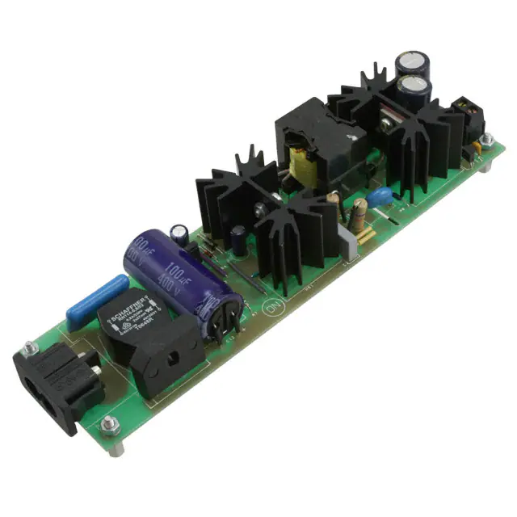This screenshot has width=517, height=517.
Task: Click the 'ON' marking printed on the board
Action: [x=272, y=307]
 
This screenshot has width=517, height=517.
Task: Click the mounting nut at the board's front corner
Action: [x=110, y=423]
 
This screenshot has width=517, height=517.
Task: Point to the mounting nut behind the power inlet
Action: [x=30, y=347]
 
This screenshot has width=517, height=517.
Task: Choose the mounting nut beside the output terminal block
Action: [x=486, y=140]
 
